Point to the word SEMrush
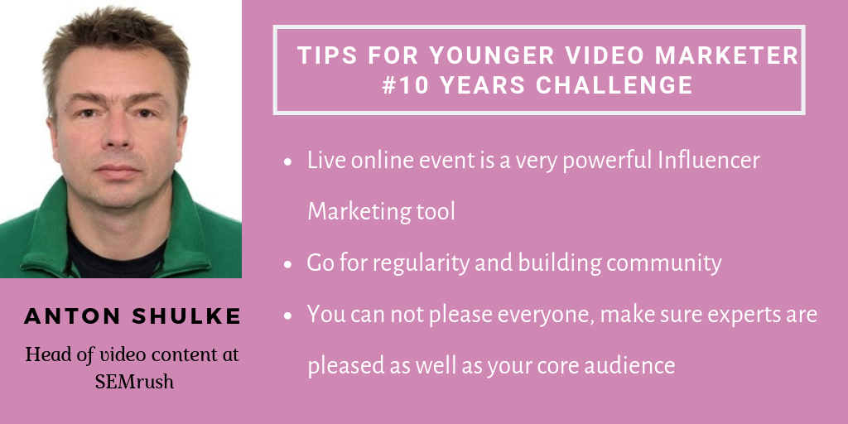134,382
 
